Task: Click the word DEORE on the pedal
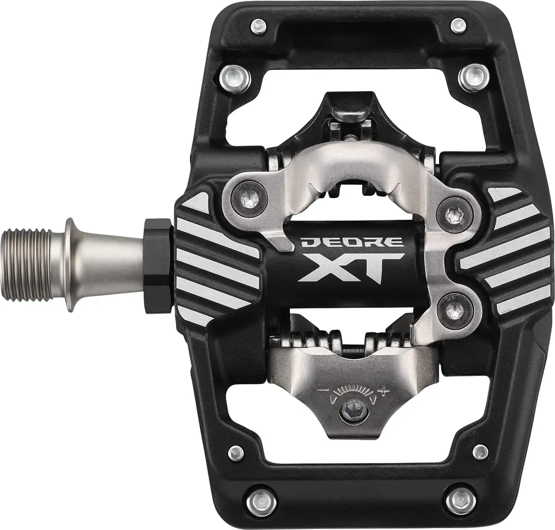tap(351, 243)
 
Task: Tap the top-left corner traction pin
tap(258, 27)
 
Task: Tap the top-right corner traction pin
tap(457, 26)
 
